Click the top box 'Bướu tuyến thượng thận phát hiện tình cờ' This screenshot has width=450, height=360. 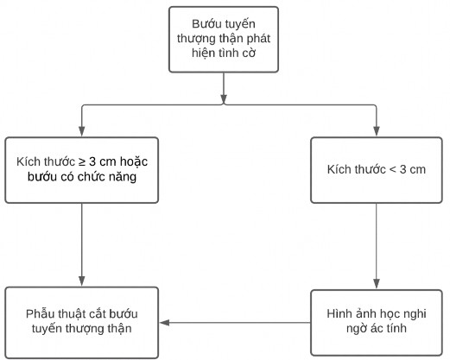coord(224,39)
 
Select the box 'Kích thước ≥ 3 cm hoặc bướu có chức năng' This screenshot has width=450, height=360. coord(82,168)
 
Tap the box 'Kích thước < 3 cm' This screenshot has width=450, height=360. coord(377,168)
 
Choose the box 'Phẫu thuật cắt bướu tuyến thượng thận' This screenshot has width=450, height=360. coord(82,321)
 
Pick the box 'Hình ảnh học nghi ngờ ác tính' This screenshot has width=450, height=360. coord(377,321)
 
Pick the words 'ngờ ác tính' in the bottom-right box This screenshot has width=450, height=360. coord(377,329)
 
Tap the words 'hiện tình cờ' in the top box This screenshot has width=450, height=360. coord(224,54)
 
